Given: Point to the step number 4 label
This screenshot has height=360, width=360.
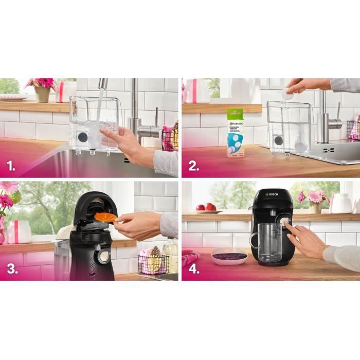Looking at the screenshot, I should (193, 269).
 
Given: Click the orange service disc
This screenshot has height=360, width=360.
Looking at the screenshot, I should (105, 217).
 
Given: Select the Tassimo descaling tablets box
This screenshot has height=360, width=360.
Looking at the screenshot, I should (236, 133).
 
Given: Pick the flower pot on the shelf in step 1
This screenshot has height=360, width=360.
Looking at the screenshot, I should (42, 94).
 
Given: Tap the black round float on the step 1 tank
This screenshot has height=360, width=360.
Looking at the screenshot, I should (82, 137).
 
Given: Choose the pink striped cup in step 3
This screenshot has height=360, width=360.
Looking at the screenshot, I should (19, 232).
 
